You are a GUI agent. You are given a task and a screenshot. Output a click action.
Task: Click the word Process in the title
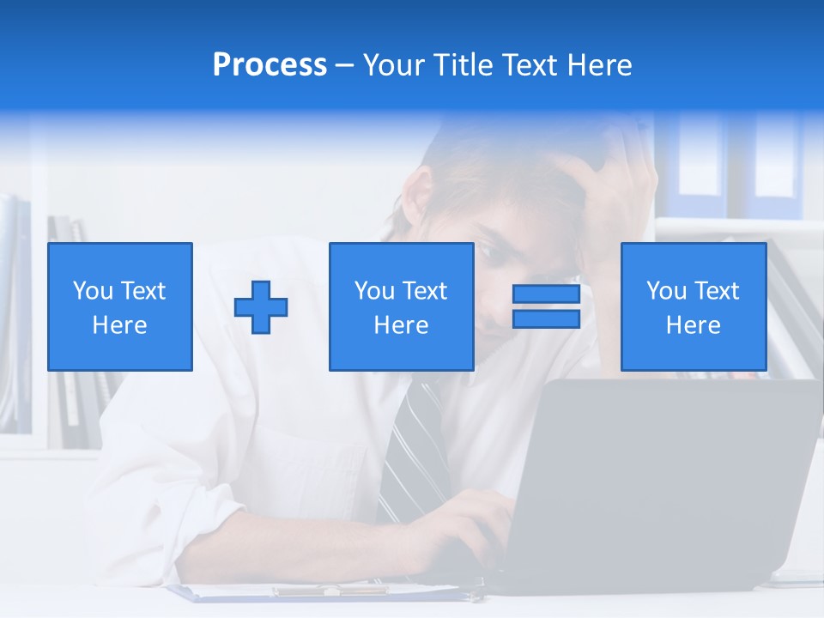point(270,65)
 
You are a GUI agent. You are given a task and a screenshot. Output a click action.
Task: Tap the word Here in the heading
point(598,65)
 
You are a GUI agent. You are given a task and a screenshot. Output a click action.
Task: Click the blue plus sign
point(261,306)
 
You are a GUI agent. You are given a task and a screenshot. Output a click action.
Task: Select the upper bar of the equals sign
point(546,294)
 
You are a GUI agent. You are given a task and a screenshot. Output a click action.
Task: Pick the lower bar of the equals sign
point(546,319)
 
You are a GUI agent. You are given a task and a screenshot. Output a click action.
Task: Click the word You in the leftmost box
point(93,291)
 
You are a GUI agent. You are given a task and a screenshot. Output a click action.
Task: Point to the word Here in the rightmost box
point(694,325)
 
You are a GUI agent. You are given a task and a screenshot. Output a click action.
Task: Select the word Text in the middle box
point(424,291)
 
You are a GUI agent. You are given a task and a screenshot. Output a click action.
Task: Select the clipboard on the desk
point(326,591)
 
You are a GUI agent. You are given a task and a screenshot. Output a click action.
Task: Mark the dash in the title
point(344,65)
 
